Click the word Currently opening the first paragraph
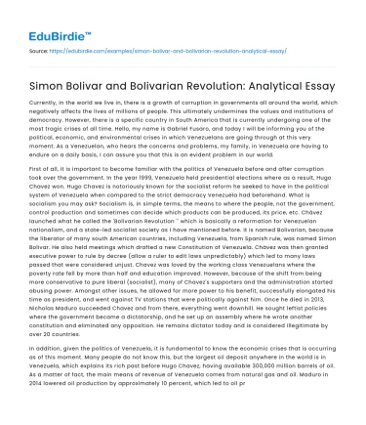tap(48, 102)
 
